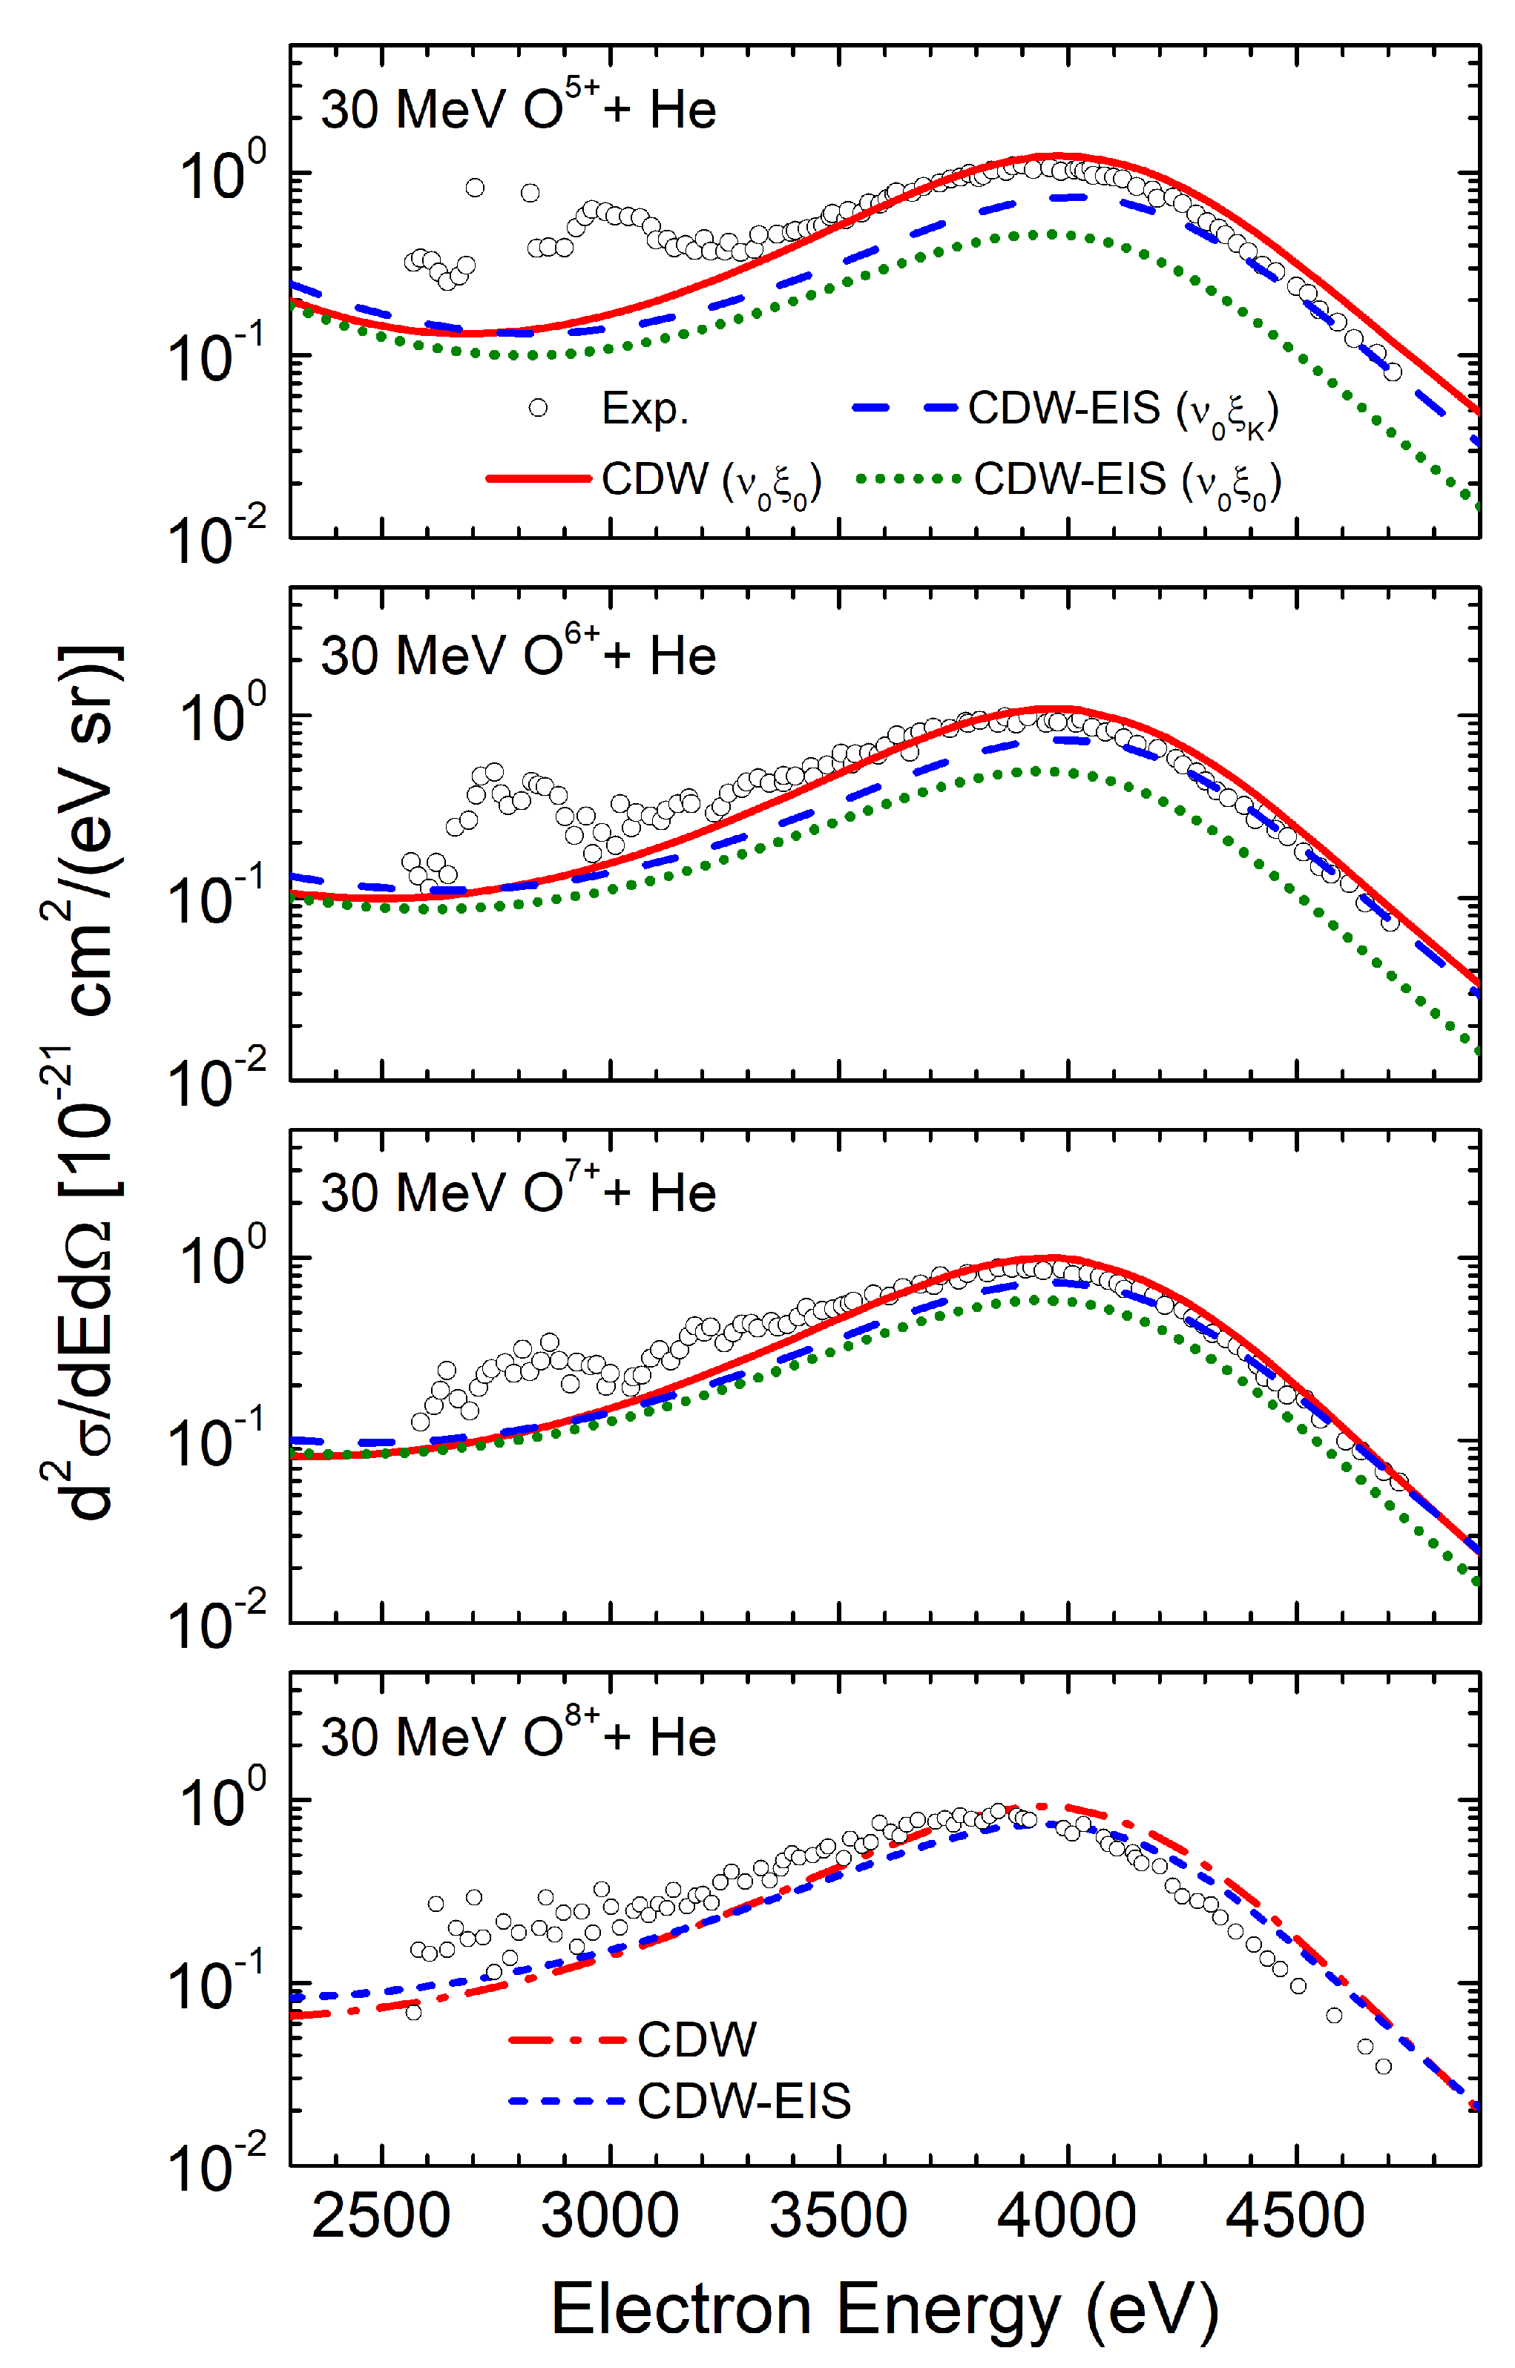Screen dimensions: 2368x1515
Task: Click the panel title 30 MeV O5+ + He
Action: click(x=519, y=108)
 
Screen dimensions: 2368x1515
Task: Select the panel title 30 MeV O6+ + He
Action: click(x=519, y=654)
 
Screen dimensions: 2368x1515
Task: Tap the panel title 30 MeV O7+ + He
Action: click(x=519, y=1192)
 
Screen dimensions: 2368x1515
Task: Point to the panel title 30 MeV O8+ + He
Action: click(x=519, y=1737)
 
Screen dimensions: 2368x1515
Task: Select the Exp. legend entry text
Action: click(x=645, y=408)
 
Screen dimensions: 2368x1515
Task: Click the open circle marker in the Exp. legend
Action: click(x=538, y=407)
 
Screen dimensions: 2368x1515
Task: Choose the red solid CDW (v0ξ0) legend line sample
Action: click(x=538, y=479)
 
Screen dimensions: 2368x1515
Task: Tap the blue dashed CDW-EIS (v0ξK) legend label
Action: click(x=1123, y=409)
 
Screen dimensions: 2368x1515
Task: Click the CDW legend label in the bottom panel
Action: click(x=697, y=2039)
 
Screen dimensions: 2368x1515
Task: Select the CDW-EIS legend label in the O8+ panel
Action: click(x=743, y=2102)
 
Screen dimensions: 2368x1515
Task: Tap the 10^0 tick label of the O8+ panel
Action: click(x=221, y=1800)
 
